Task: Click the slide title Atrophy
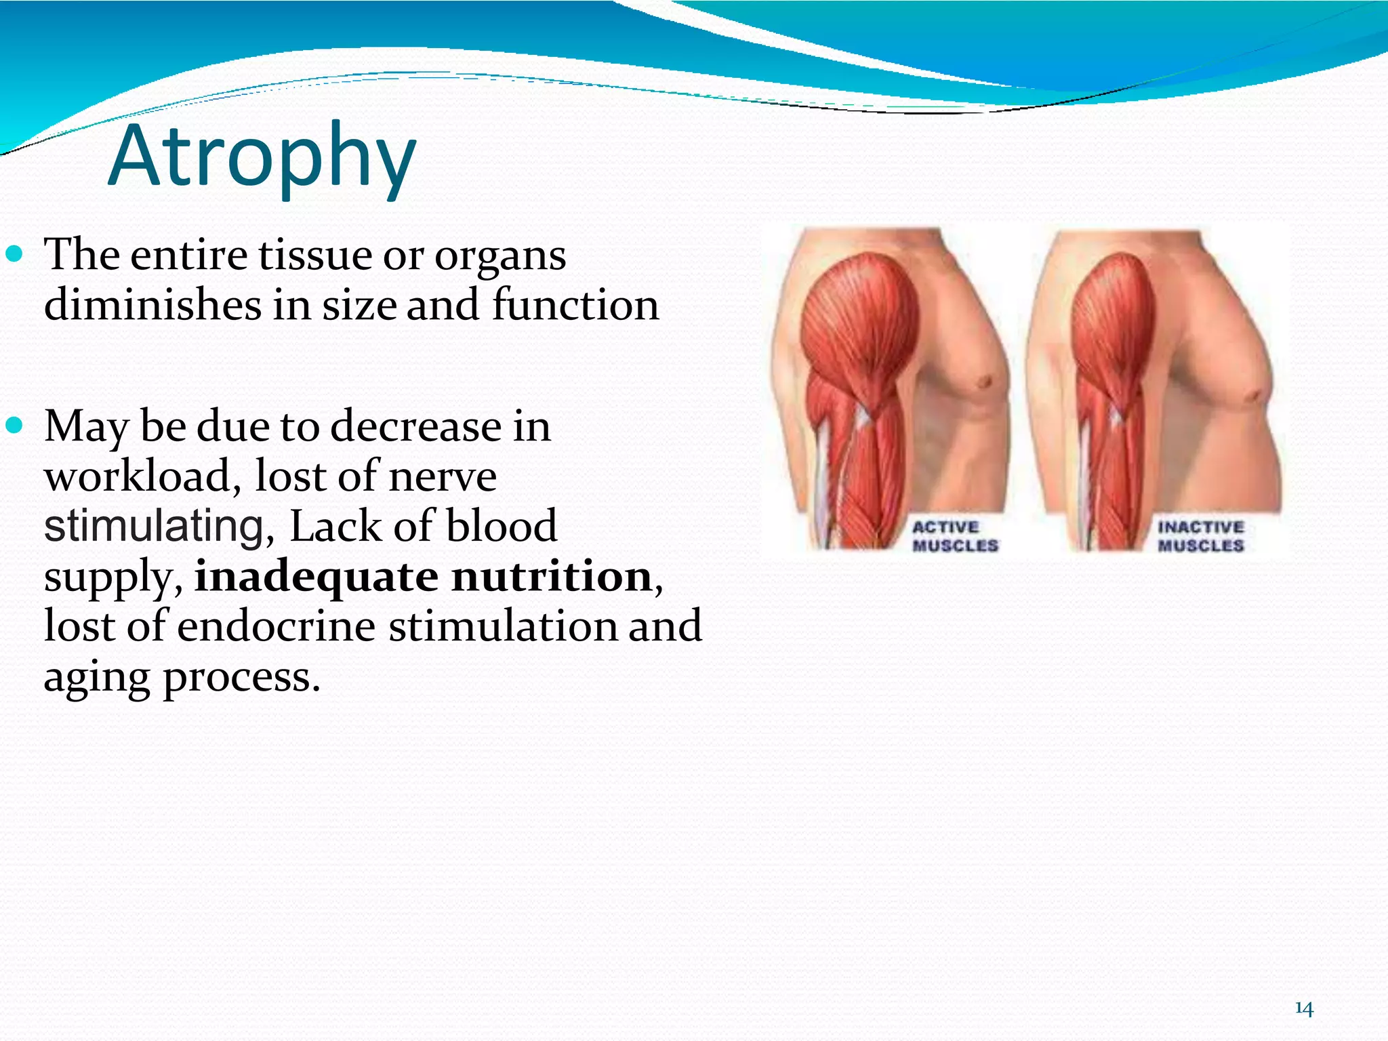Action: tap(262, 157)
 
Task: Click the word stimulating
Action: tap(154, 527)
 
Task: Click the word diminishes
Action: tap(152, 305)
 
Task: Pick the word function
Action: tap(575, 305)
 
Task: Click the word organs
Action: tap(500, 256)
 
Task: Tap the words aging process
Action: tap(181, 676)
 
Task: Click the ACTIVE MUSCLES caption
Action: tap(954, 536)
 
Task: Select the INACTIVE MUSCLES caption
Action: tap(1200, 536)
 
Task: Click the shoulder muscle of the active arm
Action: tap(859, 319)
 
